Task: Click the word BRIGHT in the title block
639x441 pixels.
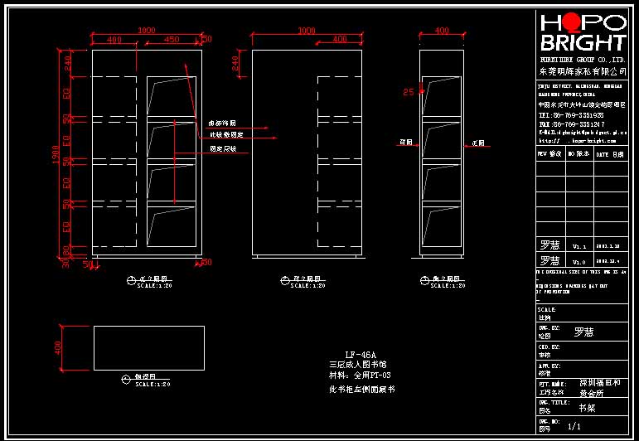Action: (583, 42)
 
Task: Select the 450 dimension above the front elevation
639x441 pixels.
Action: (172, 39)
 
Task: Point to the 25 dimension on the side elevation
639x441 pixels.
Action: (408, 92)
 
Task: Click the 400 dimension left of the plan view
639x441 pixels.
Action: (58, 347)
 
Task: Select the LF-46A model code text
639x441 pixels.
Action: (360, 355)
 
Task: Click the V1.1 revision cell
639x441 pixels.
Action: (579, 246)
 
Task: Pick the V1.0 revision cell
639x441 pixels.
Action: (579, 261)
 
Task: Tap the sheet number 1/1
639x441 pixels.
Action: (574, 426)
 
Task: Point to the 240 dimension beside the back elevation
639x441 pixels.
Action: (235, 62)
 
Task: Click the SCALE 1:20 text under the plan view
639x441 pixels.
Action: (152, 384)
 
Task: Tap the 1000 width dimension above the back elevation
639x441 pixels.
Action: (306, 31)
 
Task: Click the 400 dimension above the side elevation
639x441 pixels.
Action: (442, 31)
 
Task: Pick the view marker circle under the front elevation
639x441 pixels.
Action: (131, 280)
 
